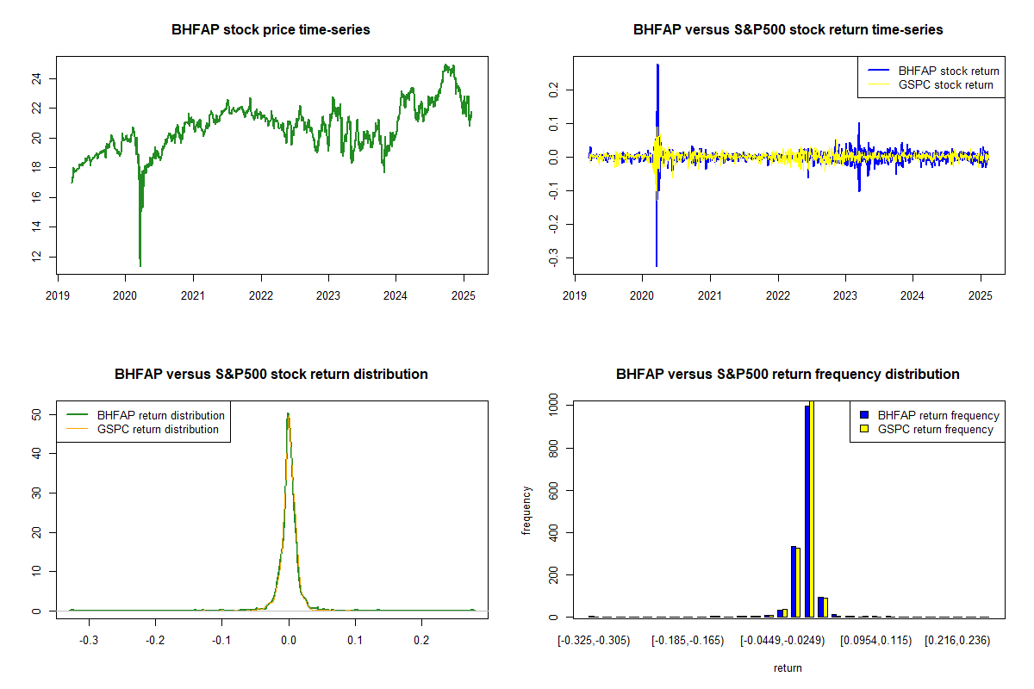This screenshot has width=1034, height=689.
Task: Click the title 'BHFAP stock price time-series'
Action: click(x=271, y=30)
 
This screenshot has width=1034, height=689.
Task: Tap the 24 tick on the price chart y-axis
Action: click(x=41, y=78)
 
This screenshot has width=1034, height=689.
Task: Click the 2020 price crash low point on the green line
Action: click(x=140, y=265)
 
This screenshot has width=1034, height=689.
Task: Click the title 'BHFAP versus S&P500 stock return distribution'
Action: click(x=271, y=375)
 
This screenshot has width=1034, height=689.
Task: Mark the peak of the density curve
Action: click(x=288, y=413)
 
